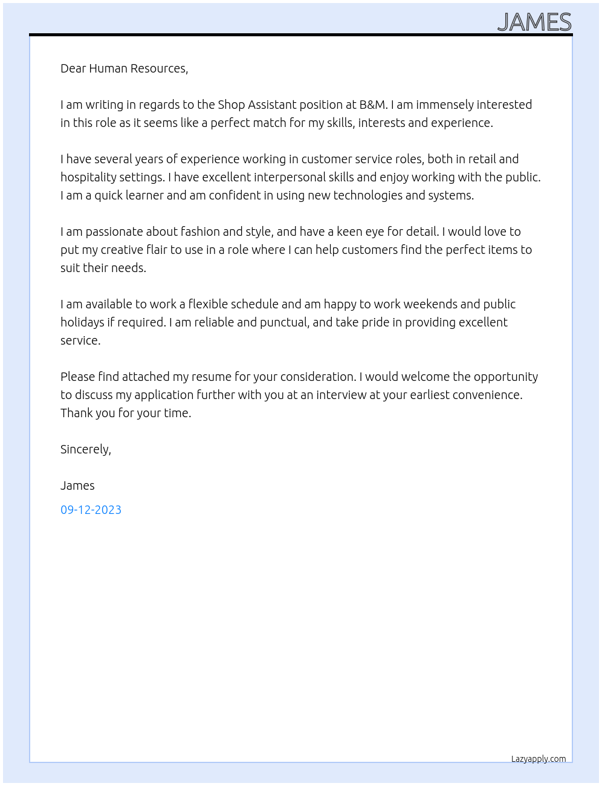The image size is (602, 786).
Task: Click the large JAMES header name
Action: (x=534, y=22)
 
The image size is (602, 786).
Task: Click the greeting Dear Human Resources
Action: (x=124, y=68)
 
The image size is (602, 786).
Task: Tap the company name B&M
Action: (x=373, y=105)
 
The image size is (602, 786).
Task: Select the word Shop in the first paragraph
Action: (x=231, y=105)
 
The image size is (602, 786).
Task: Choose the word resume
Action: (x=212, y=377)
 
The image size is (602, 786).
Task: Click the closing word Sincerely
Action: (x=85, y=449)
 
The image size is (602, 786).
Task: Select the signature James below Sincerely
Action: (x=77, y=486)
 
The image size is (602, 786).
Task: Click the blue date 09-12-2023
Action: (x=91, y=510)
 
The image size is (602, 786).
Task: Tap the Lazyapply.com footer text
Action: (x=539, y=759)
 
